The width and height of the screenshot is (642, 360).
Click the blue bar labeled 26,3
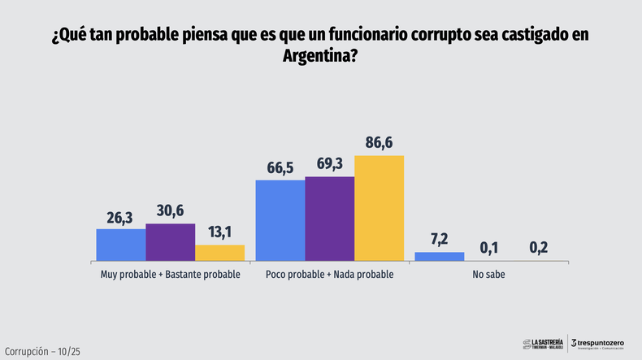point(121,245)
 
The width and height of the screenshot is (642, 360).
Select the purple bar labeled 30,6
point(170,242)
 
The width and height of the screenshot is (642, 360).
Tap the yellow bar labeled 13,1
point(219,253)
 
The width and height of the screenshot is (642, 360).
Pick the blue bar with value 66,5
point(280,220)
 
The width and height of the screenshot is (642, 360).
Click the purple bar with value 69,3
point(330,219)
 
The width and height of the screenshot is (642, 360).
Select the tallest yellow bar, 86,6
point(379,208)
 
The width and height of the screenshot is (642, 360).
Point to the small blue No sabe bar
point(440,257)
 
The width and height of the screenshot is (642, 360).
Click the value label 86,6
point(379,143)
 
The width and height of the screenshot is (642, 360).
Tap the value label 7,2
point(440,240)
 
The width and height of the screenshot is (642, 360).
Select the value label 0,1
point(488,247)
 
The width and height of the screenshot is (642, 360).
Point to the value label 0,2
point(537,247)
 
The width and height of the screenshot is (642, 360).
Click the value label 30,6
point(170,211)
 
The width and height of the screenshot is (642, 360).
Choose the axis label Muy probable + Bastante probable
point(170,275)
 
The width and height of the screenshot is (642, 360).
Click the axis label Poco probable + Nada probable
point(330,275)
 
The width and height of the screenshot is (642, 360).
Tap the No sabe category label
point(488,275)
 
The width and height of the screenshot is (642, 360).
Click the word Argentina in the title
point(318,57)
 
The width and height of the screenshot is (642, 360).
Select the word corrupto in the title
point(447,37)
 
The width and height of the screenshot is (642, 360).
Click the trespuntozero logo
point(599,345)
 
